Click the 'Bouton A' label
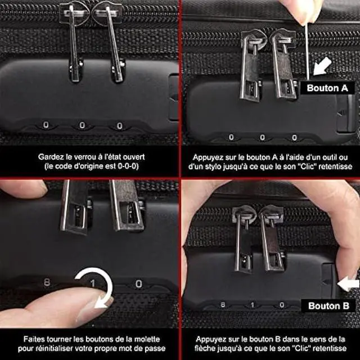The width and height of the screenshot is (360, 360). (327, 88)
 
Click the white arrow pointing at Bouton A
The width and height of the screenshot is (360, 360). (323, 68)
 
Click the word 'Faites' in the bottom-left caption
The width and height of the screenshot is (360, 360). (36, 339)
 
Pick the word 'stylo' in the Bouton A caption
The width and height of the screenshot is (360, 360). (216, 166)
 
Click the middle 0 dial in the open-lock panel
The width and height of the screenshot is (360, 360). (82, 125)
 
